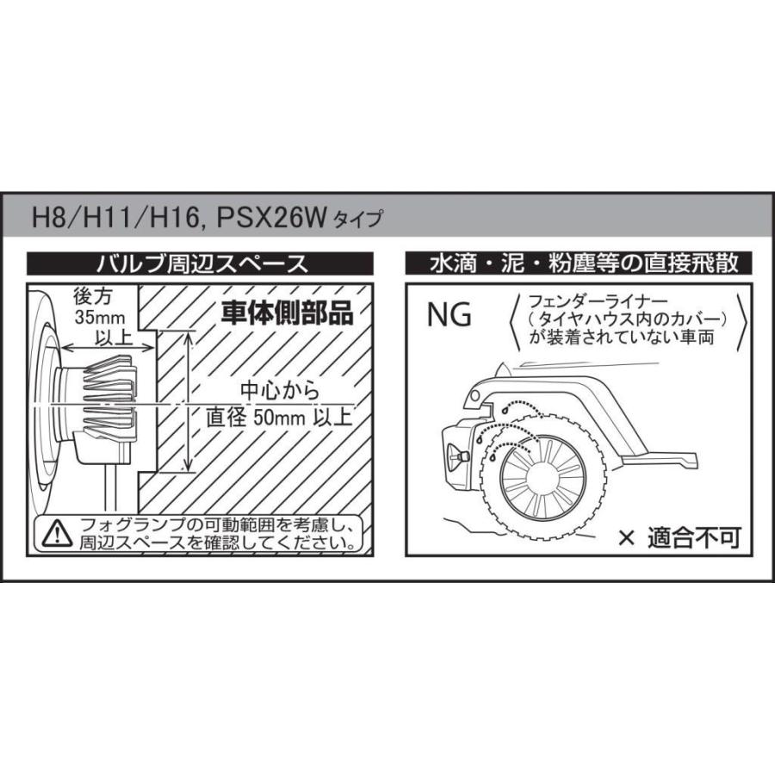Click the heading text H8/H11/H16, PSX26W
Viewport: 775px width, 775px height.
coord(177,217)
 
